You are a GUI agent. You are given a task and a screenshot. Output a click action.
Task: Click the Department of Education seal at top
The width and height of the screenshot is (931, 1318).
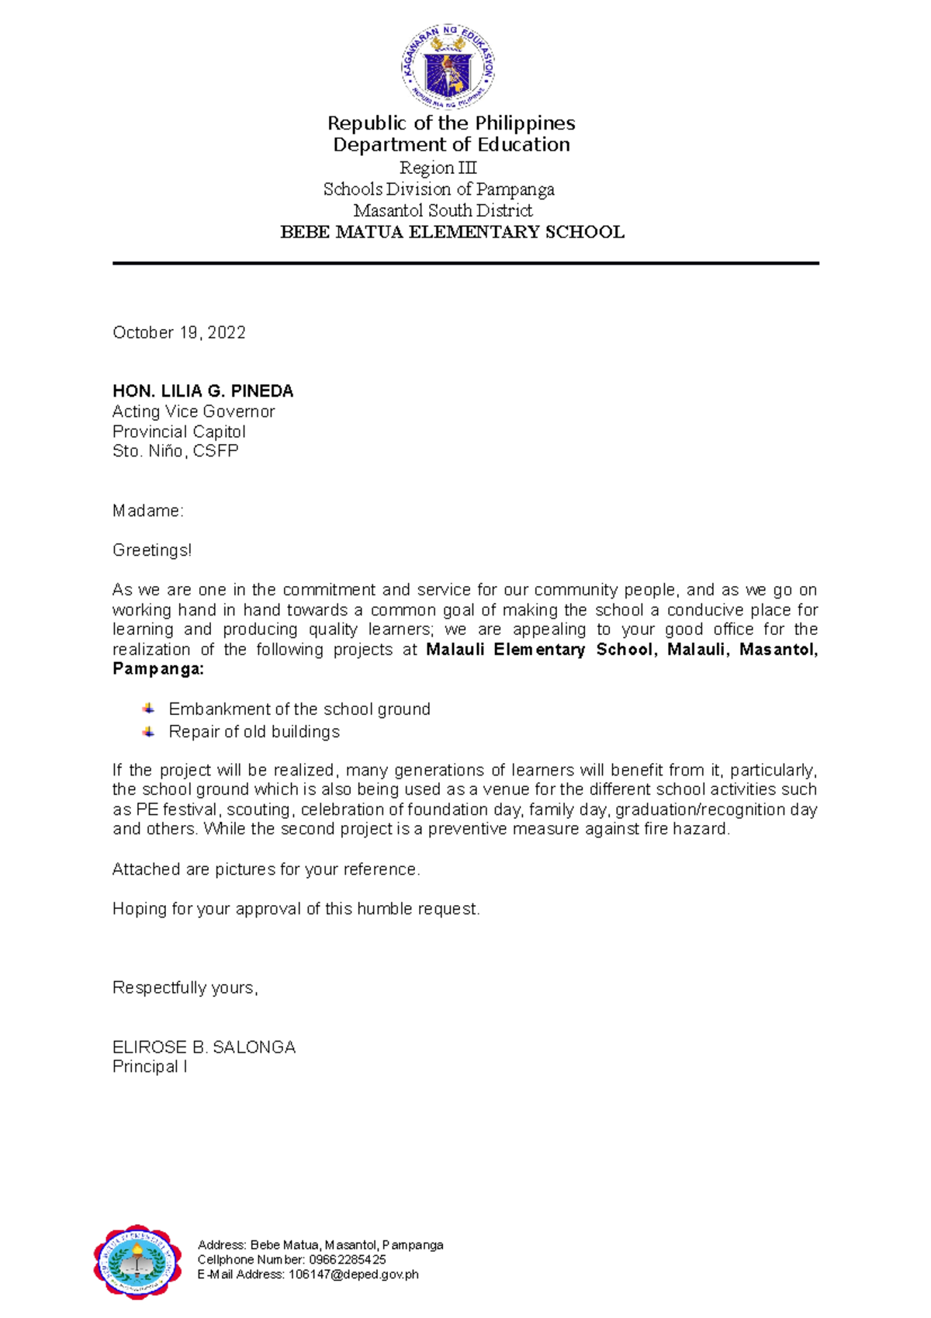pos(448,67)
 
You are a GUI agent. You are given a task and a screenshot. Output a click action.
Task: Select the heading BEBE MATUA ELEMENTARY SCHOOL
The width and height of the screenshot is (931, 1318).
pos(452,232)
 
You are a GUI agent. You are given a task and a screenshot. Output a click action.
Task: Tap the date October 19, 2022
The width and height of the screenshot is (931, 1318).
pos(179,332)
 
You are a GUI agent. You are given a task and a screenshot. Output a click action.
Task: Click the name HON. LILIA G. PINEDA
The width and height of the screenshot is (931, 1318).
pos(202,391)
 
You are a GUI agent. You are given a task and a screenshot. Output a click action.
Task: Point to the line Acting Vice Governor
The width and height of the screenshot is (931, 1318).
pos(193,411)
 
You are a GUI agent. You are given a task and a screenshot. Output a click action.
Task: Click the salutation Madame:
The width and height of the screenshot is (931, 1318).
pos(147,511)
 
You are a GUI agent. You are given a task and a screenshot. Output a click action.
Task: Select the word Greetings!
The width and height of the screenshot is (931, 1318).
pos(151,550)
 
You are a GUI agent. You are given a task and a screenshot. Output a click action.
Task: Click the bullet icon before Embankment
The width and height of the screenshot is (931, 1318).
pos(148,709)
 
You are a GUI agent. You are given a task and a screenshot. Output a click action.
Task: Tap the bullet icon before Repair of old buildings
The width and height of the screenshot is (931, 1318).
pos(148,731)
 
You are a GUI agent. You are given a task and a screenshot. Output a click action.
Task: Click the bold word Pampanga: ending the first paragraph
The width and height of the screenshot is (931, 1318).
pos(158,669)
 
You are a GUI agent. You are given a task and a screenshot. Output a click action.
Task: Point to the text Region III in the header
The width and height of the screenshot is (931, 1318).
pos(438,168)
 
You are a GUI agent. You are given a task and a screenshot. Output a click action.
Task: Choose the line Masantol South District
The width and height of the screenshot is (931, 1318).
pos(443,210)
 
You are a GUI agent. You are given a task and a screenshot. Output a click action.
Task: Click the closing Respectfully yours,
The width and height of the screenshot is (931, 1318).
pos(185,987)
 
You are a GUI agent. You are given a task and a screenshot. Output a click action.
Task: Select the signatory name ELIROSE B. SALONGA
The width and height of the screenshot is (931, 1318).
pos(204,1047)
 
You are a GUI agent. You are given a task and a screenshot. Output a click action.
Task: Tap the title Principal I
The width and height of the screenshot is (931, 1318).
pos(150,1067)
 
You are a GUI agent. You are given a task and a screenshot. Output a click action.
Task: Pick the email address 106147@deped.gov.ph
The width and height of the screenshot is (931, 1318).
pos(353,1274)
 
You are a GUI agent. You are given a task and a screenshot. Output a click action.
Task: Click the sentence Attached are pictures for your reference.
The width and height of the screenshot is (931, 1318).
pos(266,869)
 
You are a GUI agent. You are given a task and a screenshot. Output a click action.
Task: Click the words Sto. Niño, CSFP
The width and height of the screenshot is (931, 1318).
pos(175,451)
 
